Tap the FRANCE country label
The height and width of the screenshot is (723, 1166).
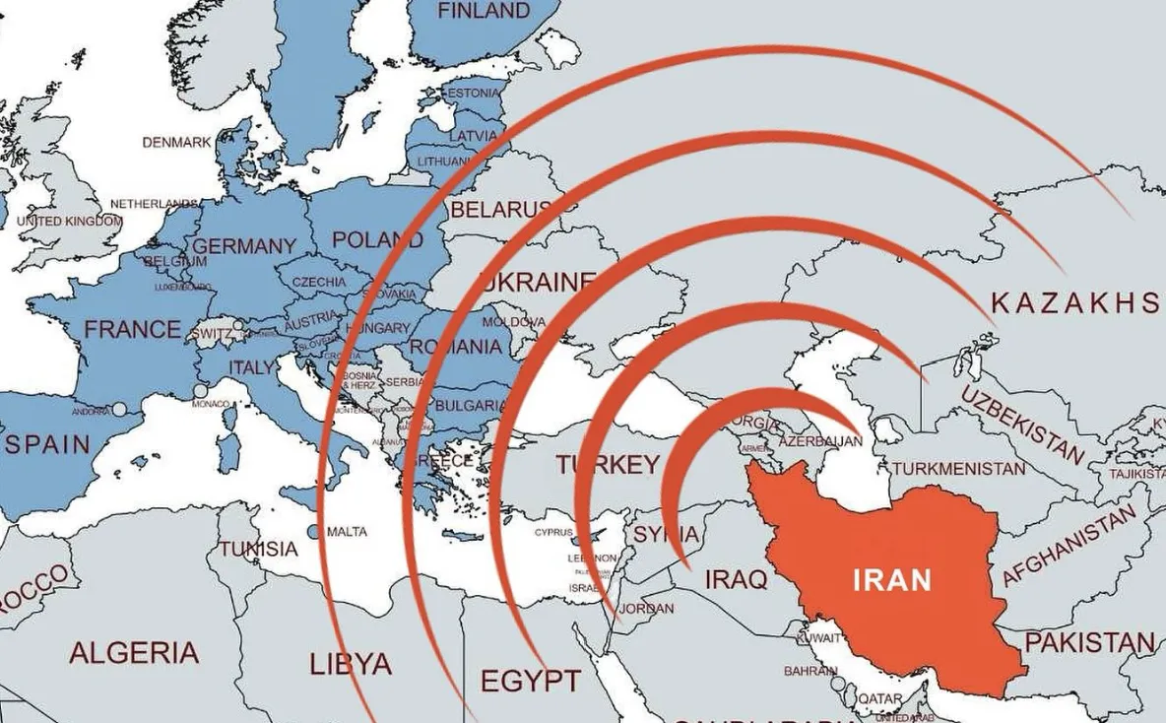[x=132, y=329]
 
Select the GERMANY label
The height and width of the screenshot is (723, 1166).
[x=245, y=245]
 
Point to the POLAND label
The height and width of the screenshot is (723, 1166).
[x=377, y=239]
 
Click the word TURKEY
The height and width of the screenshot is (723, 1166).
[x=608, y=464]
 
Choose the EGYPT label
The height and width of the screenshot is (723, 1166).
[x=530, y=680]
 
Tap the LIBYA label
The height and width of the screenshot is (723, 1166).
[x=351, y=663]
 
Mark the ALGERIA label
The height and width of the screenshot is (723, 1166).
[x=134, y=651]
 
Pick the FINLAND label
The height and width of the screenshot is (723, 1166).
[x=483, y=11]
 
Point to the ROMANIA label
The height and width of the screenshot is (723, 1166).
[x=456, y=347]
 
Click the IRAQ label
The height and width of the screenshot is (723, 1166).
[x=736, y=579]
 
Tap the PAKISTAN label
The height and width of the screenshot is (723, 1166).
[x=1089, y=643]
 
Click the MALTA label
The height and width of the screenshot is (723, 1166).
[x=347, y=532]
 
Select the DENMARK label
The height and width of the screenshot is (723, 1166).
[x=177, y=142]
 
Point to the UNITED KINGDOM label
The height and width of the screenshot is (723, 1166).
[x=69, y=222]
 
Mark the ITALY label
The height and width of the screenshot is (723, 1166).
[x=252, y=366]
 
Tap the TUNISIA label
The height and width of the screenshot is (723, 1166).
[x=258, y=549]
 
